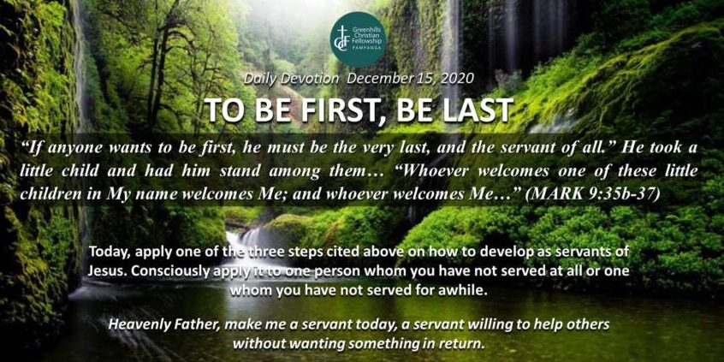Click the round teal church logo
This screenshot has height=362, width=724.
coord(358,39)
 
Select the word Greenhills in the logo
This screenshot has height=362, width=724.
coord(363,29)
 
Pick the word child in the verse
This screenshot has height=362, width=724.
coord(77,171)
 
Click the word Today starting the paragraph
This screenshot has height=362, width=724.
coord(104,252)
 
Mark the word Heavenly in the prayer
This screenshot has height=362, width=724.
coord(131,324)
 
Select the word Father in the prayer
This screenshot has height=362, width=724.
coord(173,324)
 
